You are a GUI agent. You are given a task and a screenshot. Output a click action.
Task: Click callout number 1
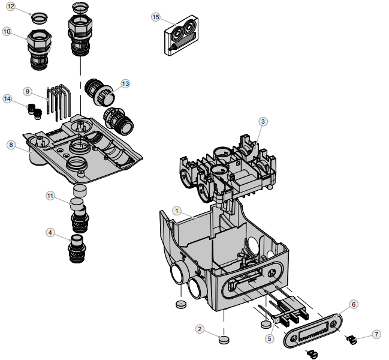point(177,211)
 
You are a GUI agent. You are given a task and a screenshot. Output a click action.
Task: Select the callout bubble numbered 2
point(200,328)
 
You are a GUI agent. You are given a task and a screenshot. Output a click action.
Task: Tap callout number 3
point(263,121)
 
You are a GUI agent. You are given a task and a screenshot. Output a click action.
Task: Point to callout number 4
point(50,232)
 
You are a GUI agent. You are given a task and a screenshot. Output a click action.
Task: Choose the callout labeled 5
point(269,338)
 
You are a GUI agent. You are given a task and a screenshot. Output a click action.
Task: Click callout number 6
point(354,304)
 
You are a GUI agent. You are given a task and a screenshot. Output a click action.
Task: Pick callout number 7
point(376,334)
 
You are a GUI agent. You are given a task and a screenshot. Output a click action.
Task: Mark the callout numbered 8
point(11,145)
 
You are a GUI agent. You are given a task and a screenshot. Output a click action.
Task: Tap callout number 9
point(28,91)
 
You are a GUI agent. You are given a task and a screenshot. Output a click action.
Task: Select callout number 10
point(7,31)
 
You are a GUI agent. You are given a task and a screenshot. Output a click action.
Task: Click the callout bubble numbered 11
point(50,196)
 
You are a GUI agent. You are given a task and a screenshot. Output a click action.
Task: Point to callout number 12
point(11,7)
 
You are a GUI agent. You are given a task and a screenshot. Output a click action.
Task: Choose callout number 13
point(125,83)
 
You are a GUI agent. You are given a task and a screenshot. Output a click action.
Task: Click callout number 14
point(7,98)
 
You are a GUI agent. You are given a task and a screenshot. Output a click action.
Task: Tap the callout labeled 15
point(156,17)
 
